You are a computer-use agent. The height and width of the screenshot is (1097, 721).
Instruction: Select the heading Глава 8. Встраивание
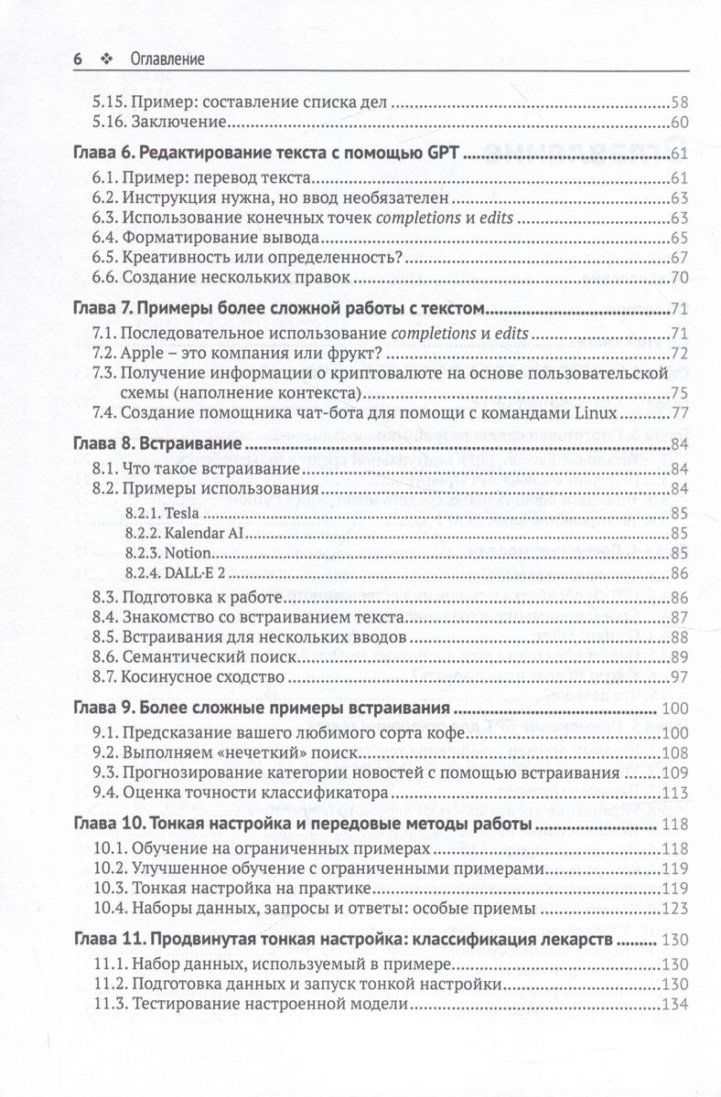coord(156,444)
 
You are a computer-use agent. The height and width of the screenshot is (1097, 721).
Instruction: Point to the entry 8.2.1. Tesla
coord(151,512)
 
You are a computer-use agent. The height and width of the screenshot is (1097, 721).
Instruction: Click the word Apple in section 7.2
coord(142,353)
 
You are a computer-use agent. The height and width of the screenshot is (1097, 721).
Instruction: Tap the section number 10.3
coord(113,889)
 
